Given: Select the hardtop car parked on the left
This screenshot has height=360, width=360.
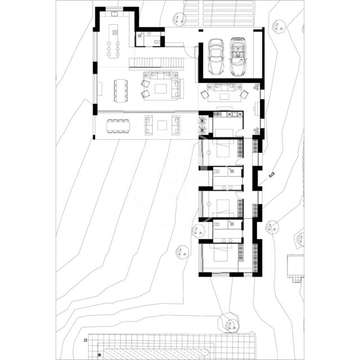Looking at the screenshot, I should coord(216,57).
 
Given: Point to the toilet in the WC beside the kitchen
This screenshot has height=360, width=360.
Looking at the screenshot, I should coord(154,40).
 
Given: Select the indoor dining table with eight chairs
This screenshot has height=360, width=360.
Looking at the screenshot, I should coord(120,90).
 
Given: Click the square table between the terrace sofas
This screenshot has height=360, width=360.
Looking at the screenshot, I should coord(163,124).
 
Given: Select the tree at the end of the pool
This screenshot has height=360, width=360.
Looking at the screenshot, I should coord(229,325).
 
